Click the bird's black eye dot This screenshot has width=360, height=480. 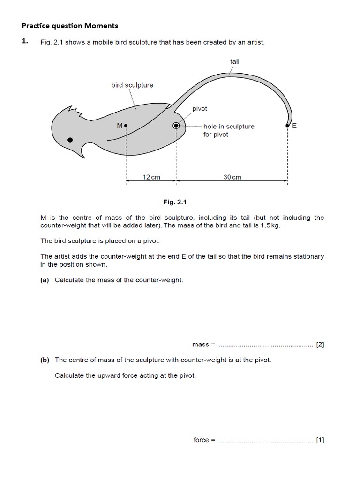(70, 139)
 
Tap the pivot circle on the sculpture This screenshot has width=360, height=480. (176, 126)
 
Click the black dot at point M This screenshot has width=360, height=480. (126, 126)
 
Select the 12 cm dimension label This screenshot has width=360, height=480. (151, 177)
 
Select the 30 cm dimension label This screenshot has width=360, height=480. (232, 177)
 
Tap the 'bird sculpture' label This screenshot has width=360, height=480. (132, 85)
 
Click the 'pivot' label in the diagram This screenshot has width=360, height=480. (200, 108)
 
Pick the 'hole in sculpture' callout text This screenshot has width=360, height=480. (229, 127)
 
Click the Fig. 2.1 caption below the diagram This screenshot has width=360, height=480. (174, 202)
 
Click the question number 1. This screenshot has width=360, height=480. (25, 42)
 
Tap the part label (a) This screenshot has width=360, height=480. (45, 280)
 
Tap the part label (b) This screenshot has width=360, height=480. (45, 360)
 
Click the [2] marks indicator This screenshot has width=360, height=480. (320, 345)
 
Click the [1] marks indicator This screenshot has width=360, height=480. (320, 440)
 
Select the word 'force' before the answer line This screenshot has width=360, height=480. (202, 440)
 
